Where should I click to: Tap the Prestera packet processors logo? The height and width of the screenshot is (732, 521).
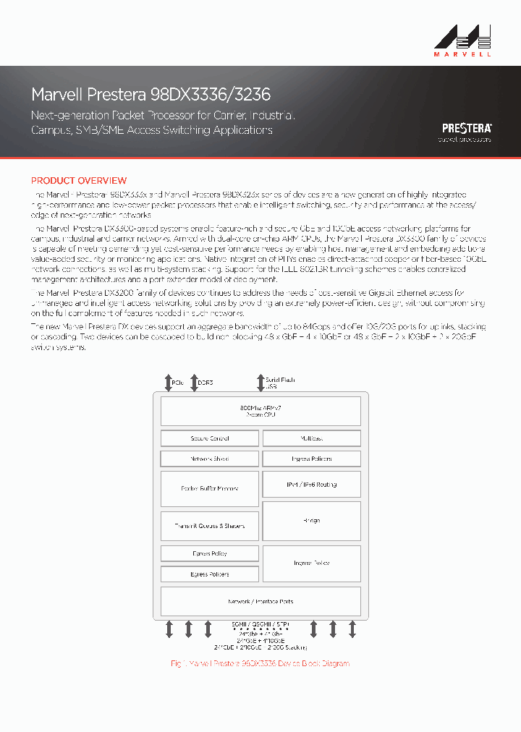467,131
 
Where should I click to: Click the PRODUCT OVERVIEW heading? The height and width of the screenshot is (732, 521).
78,180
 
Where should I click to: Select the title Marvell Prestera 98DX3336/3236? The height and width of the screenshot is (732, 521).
151,95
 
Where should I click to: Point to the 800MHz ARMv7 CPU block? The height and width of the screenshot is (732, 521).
260,412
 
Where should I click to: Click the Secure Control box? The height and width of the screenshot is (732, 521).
209,438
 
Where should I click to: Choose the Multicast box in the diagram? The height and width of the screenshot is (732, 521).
311,438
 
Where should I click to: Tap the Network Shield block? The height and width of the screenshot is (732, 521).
209,459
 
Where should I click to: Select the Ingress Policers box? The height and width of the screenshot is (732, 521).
311,459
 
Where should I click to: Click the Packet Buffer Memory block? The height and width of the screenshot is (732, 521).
209,488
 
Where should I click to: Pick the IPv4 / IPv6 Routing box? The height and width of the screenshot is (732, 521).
311,485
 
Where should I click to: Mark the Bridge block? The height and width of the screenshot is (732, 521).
311,521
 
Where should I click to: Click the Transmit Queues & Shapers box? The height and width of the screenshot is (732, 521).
209,526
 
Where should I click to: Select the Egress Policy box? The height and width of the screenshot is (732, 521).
209,553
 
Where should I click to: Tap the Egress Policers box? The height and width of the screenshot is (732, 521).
209,574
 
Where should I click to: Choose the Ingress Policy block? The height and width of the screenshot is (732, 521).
311,563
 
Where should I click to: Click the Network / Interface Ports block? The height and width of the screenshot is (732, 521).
260,601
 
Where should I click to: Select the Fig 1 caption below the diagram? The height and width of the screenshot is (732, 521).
260,663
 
